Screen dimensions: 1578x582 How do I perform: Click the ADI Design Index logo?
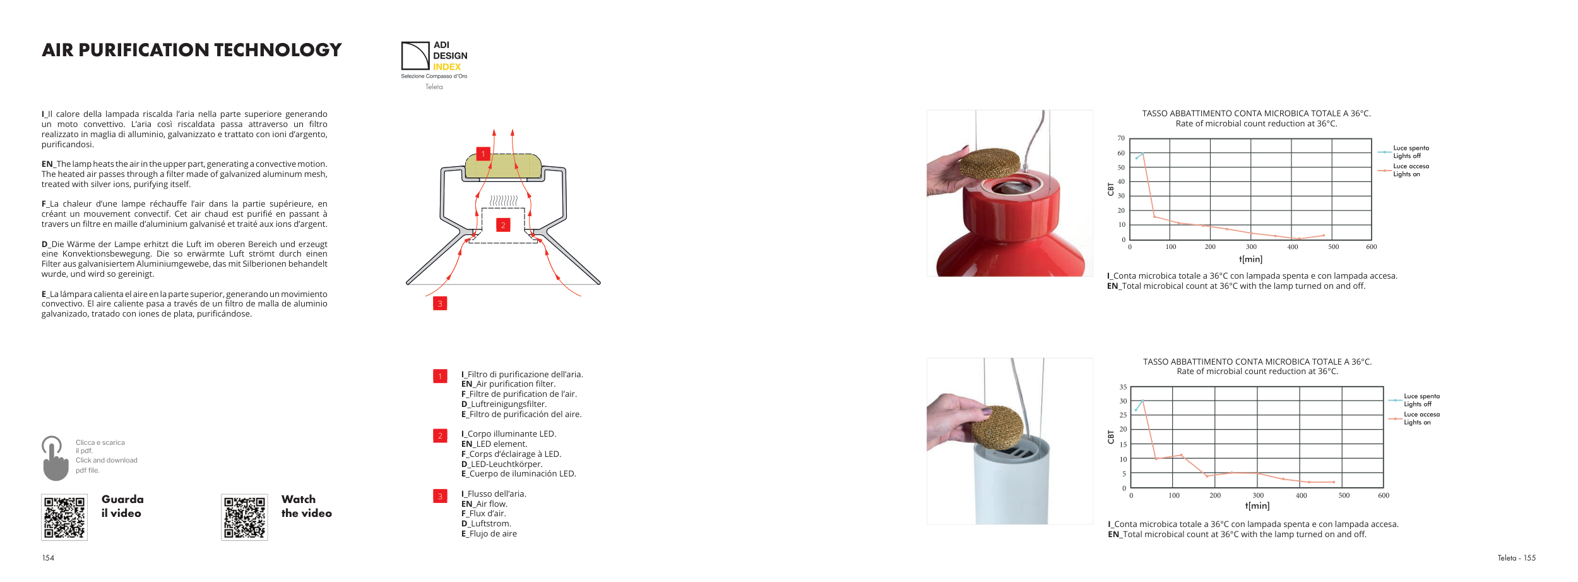(x=434, y=60)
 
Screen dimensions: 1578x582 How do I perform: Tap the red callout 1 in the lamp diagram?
(x=483, y=154)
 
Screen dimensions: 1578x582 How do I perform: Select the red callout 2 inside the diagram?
(x=503, y=225)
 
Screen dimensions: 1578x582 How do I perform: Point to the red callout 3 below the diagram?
(x=440, y=303)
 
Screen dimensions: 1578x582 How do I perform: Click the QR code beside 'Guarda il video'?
(x=64, y=517)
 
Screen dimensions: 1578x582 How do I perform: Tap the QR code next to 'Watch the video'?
(x=244, y=517)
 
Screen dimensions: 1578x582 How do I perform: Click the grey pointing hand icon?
(x=55, y=458)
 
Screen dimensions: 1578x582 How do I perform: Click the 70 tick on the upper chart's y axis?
(x=1121, y=138)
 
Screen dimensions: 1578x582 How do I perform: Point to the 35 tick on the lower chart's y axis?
(x=1123, y=387)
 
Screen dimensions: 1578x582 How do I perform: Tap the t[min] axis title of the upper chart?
(x=1250, y=259)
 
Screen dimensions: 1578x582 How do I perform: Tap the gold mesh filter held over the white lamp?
(x=997, y=428)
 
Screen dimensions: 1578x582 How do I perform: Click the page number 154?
(x=48, y=558)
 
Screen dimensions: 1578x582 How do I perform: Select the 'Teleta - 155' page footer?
(x=1516, y=558)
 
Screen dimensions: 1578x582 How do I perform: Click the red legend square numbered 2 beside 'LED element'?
(x=440, y=435)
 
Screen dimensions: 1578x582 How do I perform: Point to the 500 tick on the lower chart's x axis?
(x=1344, y=495)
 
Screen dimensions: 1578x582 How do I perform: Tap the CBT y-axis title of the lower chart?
(x=1111, y=437)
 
